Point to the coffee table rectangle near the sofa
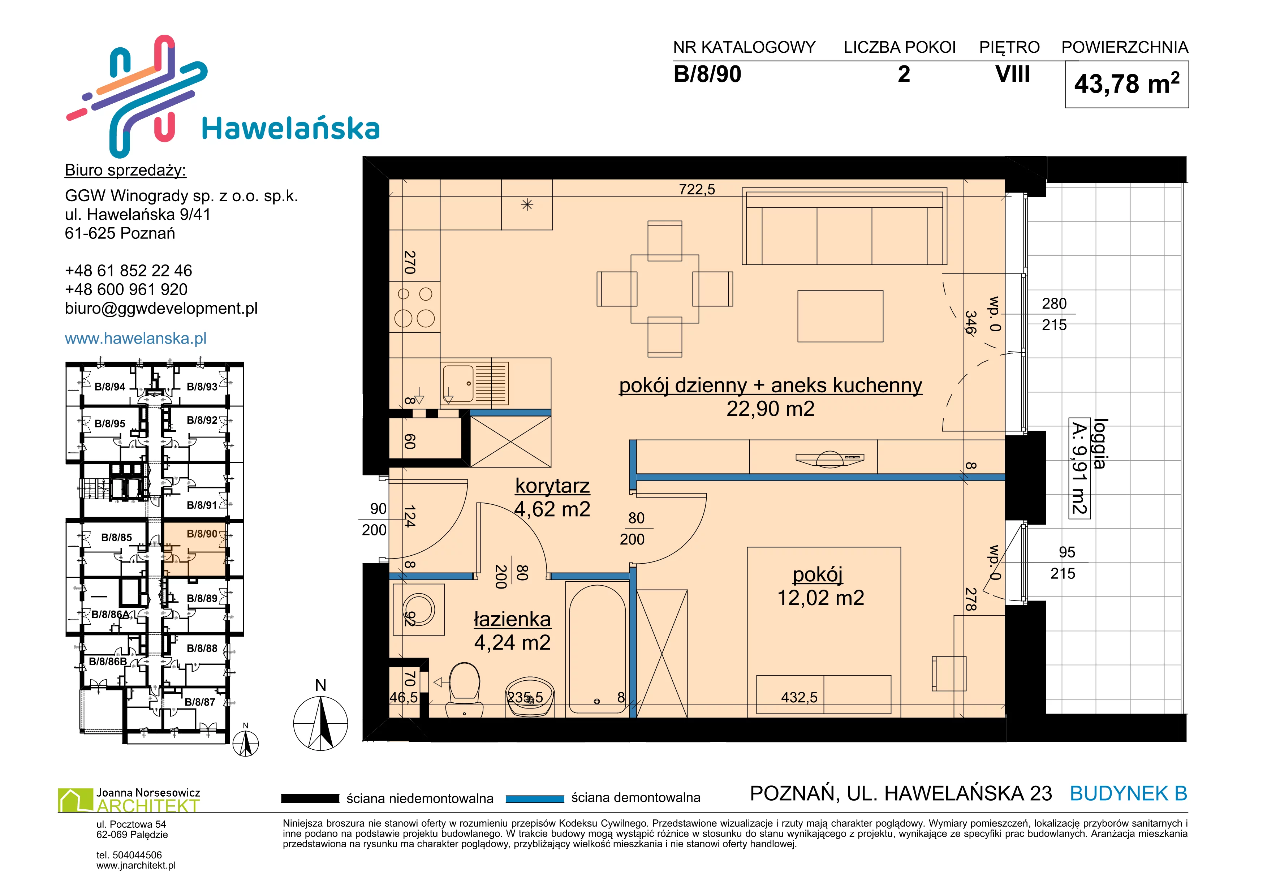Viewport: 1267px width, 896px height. tap(840, 316)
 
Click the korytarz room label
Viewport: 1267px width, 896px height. tap(552, 486)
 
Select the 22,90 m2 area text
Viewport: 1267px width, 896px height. tap(770, 409)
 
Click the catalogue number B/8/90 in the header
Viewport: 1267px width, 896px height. tap(707, 74)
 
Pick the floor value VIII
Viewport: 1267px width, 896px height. tap(1013, 74)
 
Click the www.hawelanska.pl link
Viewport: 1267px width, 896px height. tap(136, 338)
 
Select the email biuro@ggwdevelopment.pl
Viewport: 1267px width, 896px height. tap(161, 309)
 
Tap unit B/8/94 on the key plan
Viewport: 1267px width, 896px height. tap(110, 387)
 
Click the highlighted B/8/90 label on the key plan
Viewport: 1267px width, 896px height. tap(202, 534)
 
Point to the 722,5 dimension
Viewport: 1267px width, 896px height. tap(697, 190)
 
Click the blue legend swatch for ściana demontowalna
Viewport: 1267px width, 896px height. tap(535, 799)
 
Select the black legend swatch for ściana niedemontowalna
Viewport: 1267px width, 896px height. tap(310, 798)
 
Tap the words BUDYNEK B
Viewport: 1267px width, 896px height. tap(1129, 793)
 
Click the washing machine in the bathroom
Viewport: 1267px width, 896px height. tap(419, 609)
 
